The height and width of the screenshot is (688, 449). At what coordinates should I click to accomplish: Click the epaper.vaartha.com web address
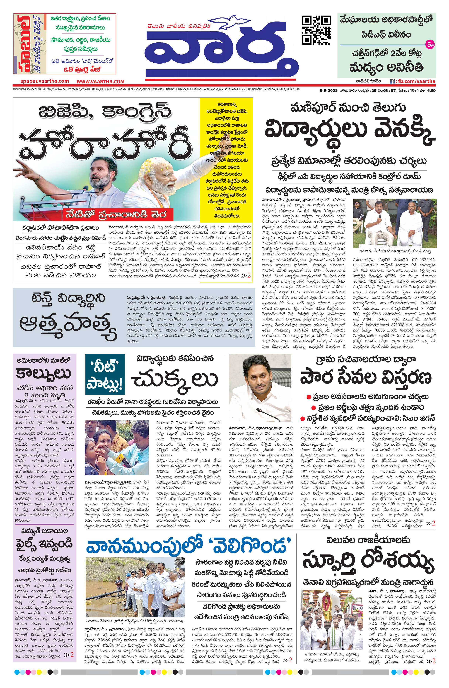tap(45, 81)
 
